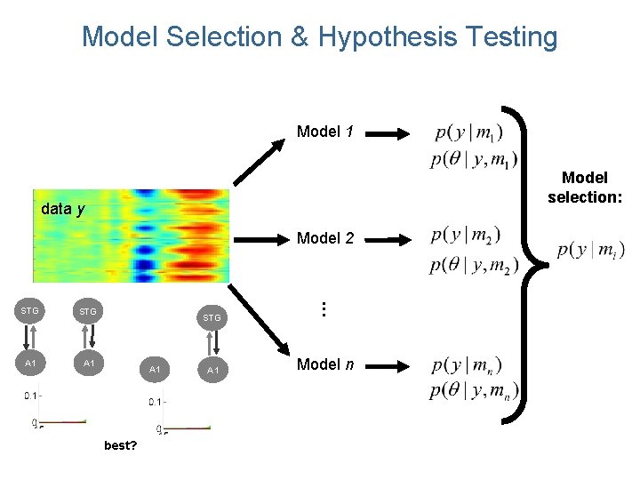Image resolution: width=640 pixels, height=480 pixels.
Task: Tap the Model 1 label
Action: pyautogui.click(x=324, y=132)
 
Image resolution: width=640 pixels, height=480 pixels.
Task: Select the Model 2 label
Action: pyautogui.click(x=324, y=238)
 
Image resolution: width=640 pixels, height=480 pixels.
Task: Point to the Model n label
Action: pyautogui.click(x=324, y=364)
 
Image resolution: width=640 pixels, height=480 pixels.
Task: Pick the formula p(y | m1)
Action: pyautogui.click(x=468, y=133)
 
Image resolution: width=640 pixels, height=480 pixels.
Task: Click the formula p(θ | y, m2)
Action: pyautogui.click(x=475, y=264)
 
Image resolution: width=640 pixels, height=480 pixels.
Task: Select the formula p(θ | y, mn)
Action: pyautogui.click(x=475, y=390)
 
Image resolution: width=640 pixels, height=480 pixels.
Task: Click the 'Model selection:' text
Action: pyautogui.click(x=584, y=188)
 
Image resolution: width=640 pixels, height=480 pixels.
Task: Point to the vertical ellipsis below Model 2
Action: pyautogui.click(x=324, y=309)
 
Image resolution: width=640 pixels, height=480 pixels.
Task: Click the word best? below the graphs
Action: pyautogui.click(x=120, y=444)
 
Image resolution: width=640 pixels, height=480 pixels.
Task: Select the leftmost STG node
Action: pyautogui.click(x=30, y=311)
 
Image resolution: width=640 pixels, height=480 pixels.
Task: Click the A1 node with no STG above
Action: pyautogui.click(x=156, y=369)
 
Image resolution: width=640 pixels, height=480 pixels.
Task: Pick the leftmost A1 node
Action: pyautogui.click(x=30, y=364)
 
